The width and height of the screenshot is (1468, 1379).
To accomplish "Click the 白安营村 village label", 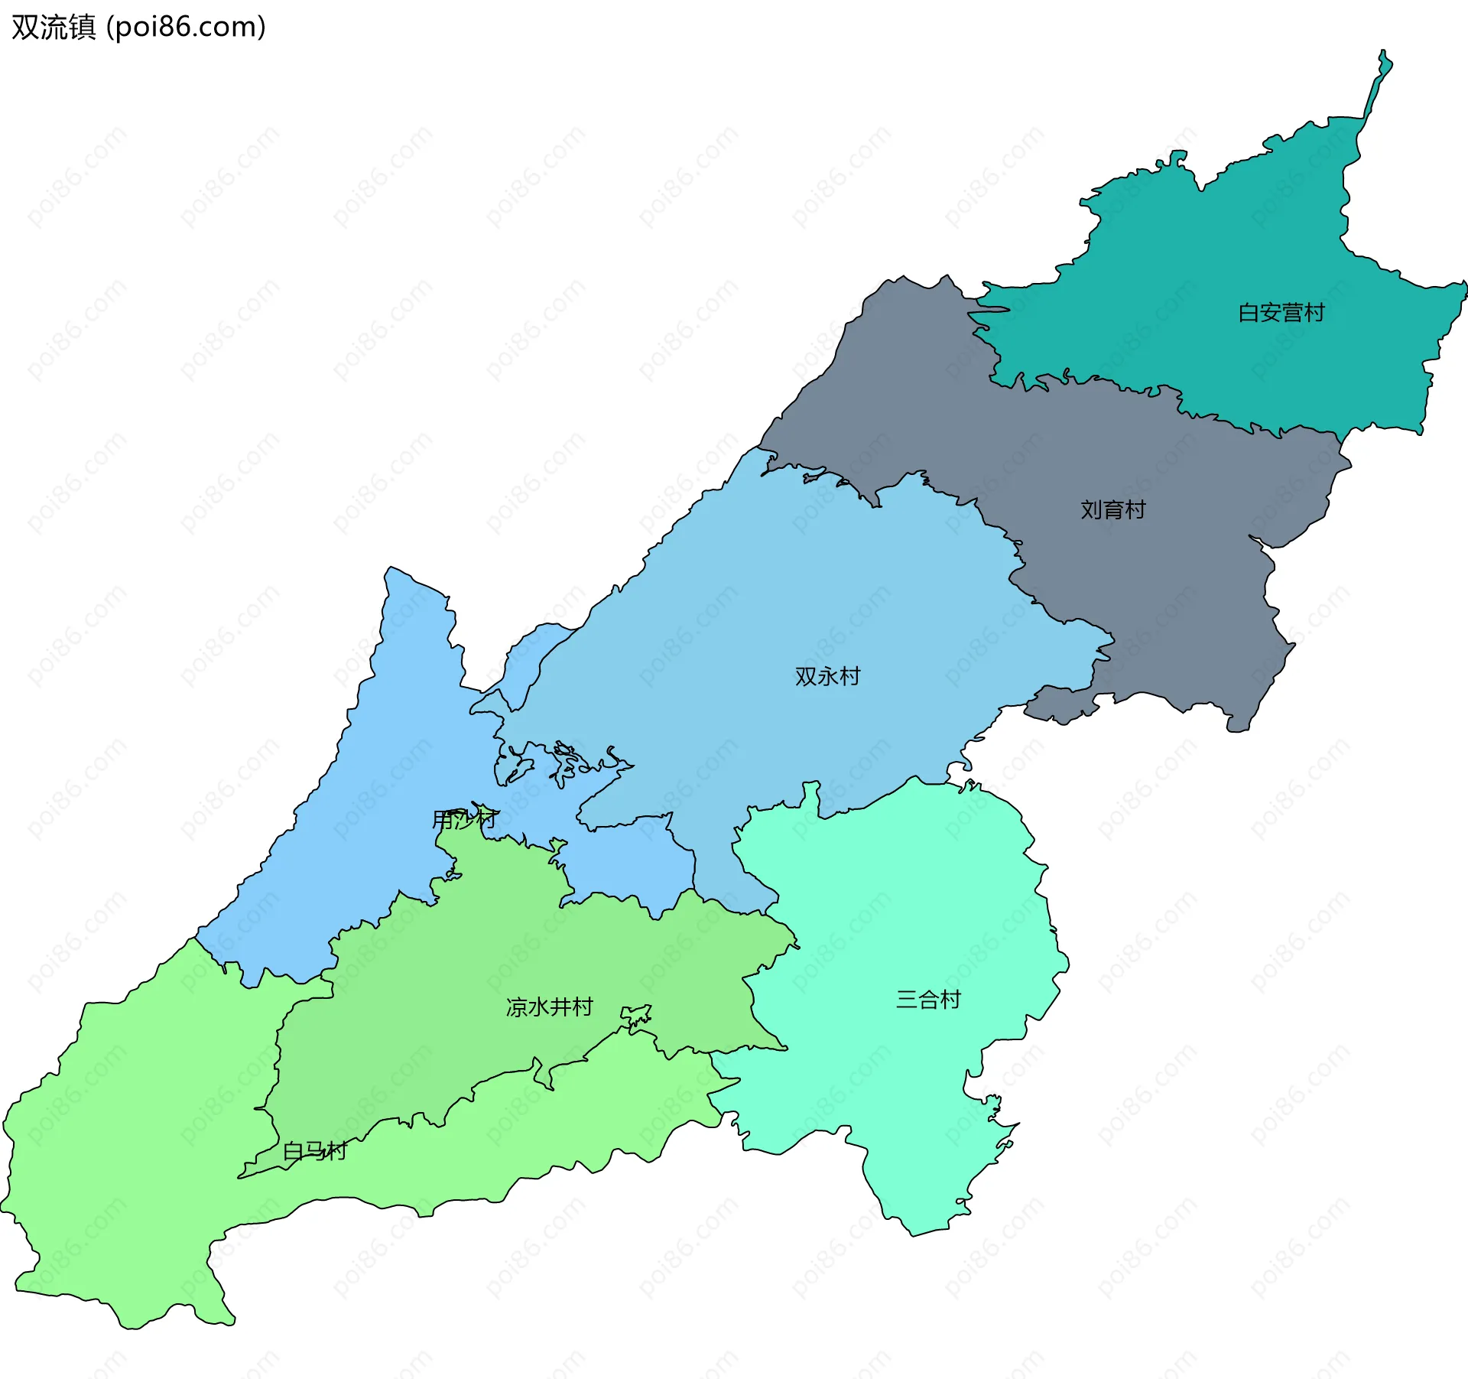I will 1281,313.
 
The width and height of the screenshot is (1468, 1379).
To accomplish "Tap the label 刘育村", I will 1112,509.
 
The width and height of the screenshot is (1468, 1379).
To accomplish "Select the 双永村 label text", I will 827,676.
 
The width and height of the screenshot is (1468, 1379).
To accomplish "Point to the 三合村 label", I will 928,1000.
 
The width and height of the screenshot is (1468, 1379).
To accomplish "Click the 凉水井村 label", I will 549,1007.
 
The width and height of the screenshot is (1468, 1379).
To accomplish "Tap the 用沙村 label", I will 465,820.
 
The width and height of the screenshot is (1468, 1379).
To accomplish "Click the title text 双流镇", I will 54,27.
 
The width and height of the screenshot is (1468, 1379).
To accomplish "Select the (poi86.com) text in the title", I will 186,27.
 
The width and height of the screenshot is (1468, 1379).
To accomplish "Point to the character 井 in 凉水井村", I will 560,1007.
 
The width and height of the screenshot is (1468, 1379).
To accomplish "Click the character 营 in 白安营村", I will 1292,313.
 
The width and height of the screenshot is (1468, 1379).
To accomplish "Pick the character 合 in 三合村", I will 928,1000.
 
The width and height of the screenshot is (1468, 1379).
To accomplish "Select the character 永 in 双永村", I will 827,676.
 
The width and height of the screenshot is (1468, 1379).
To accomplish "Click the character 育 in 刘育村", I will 1112,509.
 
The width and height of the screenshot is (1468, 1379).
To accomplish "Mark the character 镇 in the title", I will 82,27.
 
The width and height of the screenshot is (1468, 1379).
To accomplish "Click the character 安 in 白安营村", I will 1270,313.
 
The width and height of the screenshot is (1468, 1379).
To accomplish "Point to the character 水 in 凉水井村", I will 538,1007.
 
